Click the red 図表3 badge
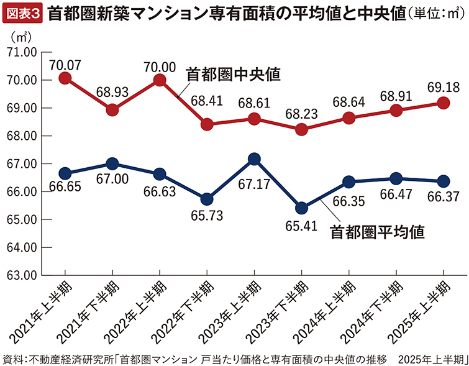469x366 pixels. click(23, 12)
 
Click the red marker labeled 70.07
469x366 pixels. click(65, 78)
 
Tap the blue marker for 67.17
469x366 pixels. click(253, 159)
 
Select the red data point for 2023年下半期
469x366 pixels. click(301, 129)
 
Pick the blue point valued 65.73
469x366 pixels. click(206, 199)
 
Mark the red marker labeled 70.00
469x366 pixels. click(160, 80)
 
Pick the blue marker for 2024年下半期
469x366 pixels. click(396, 178)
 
